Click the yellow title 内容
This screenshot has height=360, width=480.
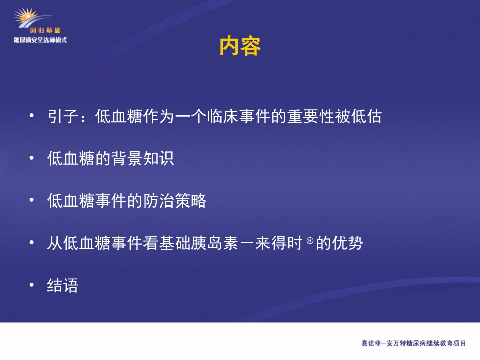tap(240, 46)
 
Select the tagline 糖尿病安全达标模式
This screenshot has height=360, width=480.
tap(40, 40)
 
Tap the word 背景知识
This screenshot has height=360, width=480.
tap(142, 159)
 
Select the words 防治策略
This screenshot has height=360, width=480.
tap(174, 201)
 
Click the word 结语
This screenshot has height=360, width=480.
tap(63, 286)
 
